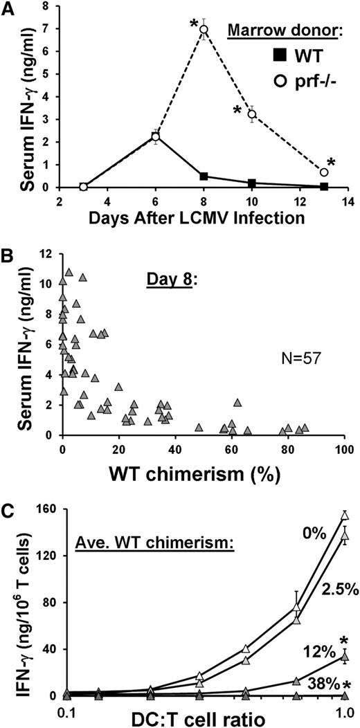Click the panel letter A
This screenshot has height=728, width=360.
coord(8,8)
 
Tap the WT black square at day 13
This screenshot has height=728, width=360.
coord(324,185)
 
